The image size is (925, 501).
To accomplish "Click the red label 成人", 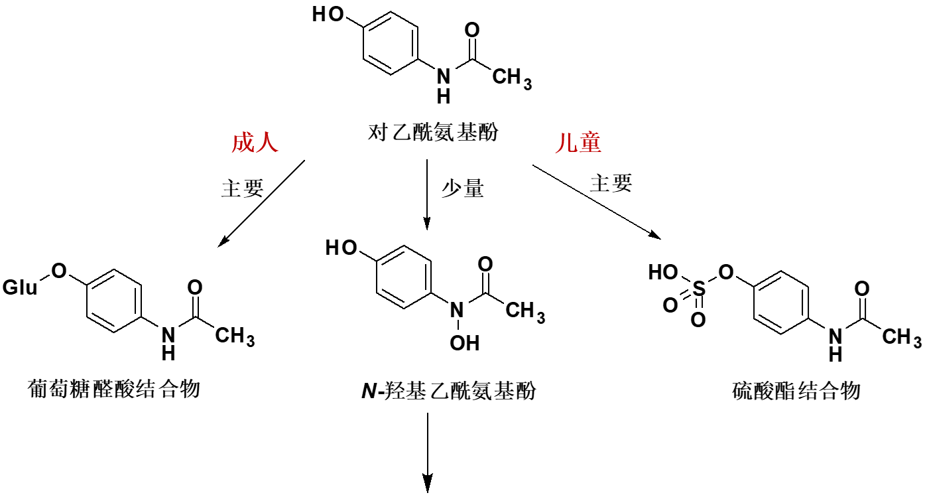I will click(255, 143).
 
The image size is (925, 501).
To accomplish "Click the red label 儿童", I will click(578, 143).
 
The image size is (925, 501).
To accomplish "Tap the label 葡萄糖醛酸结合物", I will click(115, 388).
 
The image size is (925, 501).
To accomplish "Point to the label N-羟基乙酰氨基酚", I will click(449, 391).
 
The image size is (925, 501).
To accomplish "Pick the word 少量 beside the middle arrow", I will click(463, 189).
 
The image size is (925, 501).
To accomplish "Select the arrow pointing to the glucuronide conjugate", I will click(262, 203).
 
